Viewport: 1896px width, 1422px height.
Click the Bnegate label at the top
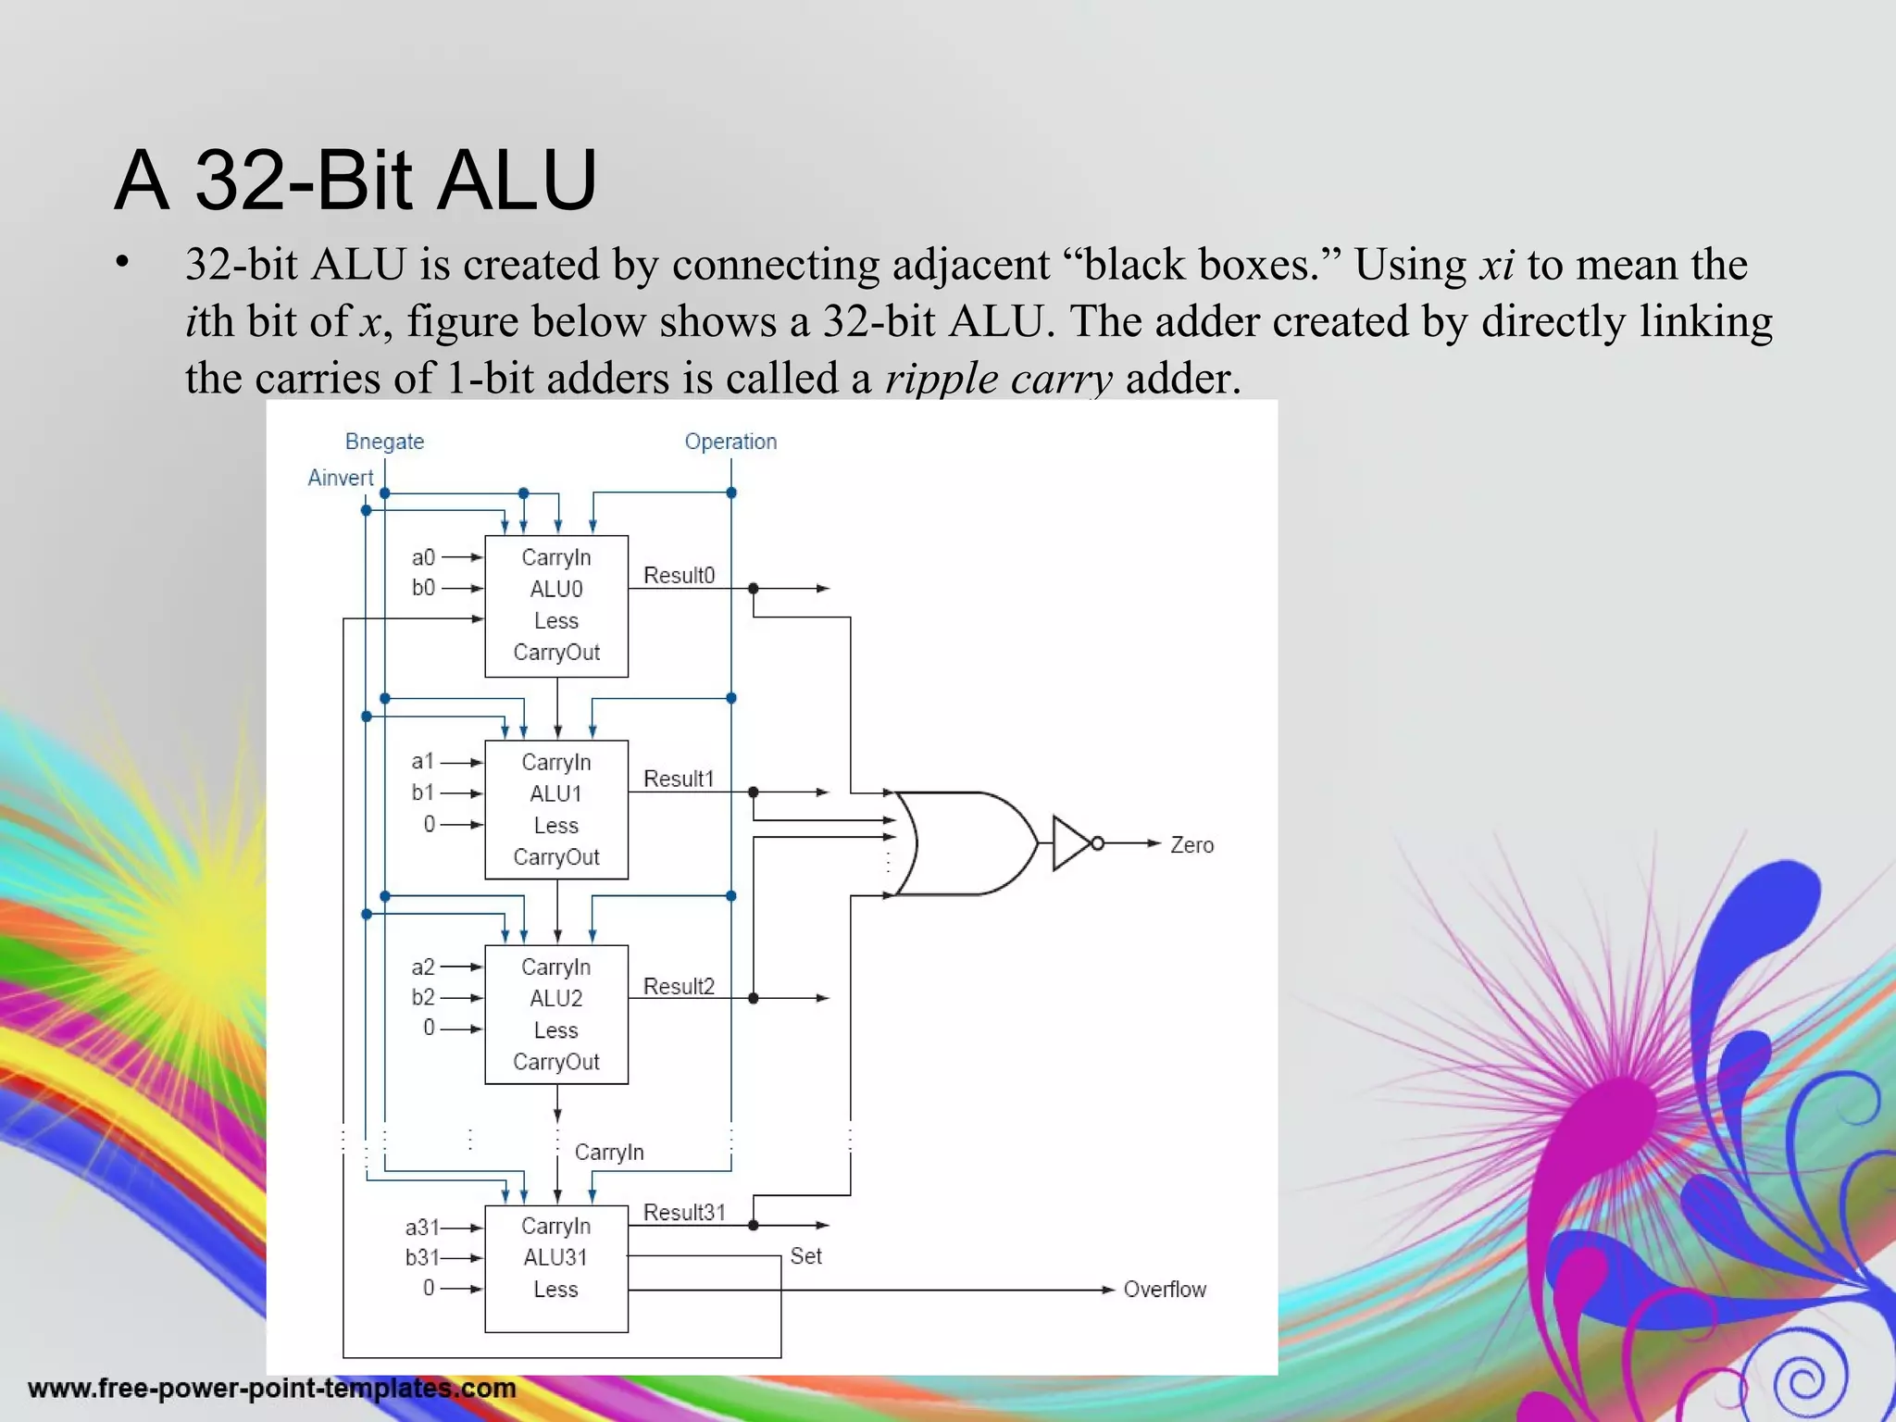click(384, 442)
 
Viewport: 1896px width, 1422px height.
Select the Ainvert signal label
click(340, 478)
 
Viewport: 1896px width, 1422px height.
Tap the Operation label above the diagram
click(730, 442)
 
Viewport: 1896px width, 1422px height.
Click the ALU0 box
click(556, 606)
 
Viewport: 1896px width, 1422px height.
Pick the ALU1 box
click(556, 810)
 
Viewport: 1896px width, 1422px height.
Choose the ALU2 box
click(556, 1015)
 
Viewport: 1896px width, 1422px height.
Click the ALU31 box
click(556, 1268)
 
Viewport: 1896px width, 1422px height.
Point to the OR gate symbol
click(967, 843)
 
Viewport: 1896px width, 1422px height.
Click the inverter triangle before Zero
click(1072, 843)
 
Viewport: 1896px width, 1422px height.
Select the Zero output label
click(1191, 845)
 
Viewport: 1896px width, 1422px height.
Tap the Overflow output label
click(1164, 1290)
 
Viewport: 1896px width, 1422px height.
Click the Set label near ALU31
click(805, 1256)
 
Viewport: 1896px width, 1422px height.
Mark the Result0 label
click(679, 576)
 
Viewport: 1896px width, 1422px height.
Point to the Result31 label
click(684, 1213)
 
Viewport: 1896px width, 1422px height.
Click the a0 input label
click(423, 557)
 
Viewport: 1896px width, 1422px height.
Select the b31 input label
click(422, 1257)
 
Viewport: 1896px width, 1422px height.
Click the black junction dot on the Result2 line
click(754, 998)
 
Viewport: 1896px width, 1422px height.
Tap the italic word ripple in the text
click(941, 379)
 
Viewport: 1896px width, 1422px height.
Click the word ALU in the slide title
click(517, 181)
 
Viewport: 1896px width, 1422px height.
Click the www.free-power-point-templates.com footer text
click(272, 1388)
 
